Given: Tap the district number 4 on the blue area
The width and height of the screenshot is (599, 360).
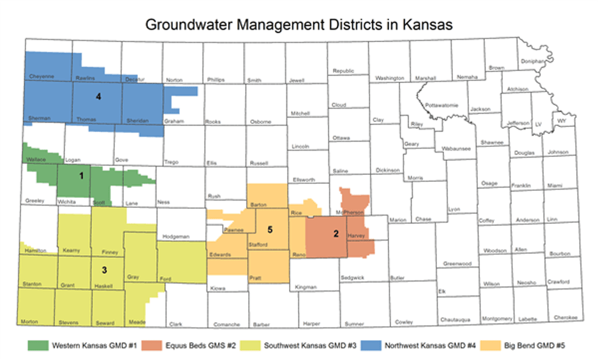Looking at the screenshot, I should (x=98, y=97).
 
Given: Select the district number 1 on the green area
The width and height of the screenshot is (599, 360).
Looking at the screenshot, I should (x=81, y=175).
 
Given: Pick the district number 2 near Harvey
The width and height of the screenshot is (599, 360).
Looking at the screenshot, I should (x=336, y=234).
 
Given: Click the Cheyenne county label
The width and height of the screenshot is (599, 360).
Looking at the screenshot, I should (x=41, y=76).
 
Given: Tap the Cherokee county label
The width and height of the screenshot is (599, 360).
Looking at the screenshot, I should (x=565, y=318).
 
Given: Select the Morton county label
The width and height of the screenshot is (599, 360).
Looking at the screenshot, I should (x=30, y=322).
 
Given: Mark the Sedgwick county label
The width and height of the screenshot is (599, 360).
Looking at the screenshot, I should (x=352, y=278).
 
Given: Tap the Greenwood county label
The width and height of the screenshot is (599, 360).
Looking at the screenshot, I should (x=457, y=264).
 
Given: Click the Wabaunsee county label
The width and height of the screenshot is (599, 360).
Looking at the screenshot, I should (x=456, y=149).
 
